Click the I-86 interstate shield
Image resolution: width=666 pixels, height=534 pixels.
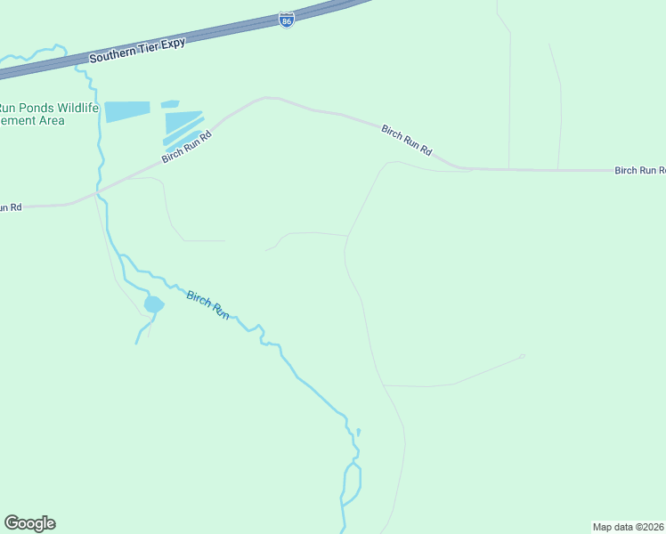[x=286, y=20]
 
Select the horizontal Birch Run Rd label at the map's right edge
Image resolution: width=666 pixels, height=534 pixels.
[x=640, y=170]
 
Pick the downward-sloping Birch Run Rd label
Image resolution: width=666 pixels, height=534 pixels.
[x=406, y=142]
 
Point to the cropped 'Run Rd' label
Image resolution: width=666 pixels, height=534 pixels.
[x=10, y=207]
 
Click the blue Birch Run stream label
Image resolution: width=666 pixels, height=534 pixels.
[x=207, y=305]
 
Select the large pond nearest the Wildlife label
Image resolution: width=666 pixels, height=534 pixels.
[x=126, y=111]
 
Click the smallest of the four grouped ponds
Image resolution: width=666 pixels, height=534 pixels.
[x=170, y=104]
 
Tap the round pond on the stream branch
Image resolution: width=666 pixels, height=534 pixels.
[x=153, y=304]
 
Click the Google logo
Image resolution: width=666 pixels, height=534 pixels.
[x=30, y=523]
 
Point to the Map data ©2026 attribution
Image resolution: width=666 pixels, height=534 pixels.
[x=629, y=526]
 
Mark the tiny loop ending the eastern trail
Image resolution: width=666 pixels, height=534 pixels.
[x=523, y=357]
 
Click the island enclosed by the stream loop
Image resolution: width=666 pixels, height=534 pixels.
[x=353, y=481]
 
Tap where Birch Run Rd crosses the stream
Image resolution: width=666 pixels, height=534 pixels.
[x=98, y=191]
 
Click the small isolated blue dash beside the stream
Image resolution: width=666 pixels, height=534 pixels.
[x=358, y=432]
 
